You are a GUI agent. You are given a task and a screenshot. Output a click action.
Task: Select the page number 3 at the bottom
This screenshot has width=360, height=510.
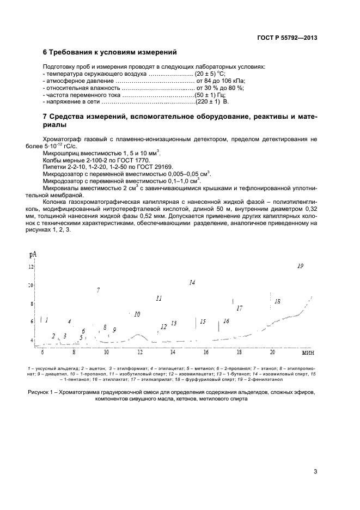click(x=315, y=472)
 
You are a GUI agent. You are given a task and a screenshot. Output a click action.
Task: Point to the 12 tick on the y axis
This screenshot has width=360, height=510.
click(x=31, y=266)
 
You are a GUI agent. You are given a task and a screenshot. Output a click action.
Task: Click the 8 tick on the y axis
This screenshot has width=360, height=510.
click(x=32, y=303)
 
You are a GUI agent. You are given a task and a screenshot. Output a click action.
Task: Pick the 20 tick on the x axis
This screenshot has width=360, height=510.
click(x=272, y=353)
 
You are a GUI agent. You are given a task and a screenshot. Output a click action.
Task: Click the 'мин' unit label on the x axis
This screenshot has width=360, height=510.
click(x=309, y=353)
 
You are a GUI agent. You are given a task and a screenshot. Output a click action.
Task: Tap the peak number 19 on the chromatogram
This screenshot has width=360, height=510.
click(x=300, y=266)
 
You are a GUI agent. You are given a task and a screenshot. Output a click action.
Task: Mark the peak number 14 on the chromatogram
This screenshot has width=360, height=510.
click(x=192, y=282)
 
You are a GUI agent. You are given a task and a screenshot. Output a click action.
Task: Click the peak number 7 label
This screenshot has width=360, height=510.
click(x=98, y=290)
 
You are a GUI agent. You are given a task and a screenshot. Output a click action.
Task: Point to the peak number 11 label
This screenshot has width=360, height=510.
click(x=158, y=299)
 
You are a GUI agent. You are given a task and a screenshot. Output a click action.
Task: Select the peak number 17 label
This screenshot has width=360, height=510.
click(x=239, y=308)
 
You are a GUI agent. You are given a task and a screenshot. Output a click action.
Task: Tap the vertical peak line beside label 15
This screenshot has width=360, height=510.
click(x=196, y=322)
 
